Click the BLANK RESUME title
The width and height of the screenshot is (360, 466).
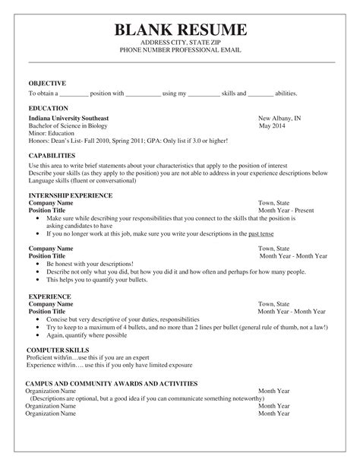(180, 30)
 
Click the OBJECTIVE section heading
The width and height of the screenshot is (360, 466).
(47, 83)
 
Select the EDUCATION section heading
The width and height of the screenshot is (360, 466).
(48, 109)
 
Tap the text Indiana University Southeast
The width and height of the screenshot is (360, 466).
(68, 119)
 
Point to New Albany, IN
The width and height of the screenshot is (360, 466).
(279, 119)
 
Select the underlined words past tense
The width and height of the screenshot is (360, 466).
(261, 234)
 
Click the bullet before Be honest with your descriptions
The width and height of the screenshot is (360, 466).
(39, 263)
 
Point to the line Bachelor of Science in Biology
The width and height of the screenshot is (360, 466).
(69, 126)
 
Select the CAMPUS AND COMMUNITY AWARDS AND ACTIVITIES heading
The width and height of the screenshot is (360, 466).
(111, 384)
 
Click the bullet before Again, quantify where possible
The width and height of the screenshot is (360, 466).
(39, 334)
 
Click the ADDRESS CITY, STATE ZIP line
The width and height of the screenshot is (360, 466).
(180, 43)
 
